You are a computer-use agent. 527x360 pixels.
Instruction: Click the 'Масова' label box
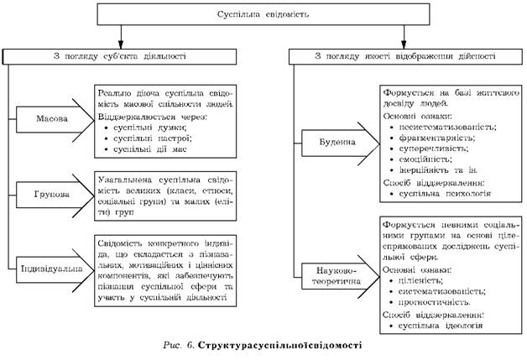[x=52, y=117]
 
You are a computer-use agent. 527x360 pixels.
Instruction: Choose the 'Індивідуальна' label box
[x=50, y=270]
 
